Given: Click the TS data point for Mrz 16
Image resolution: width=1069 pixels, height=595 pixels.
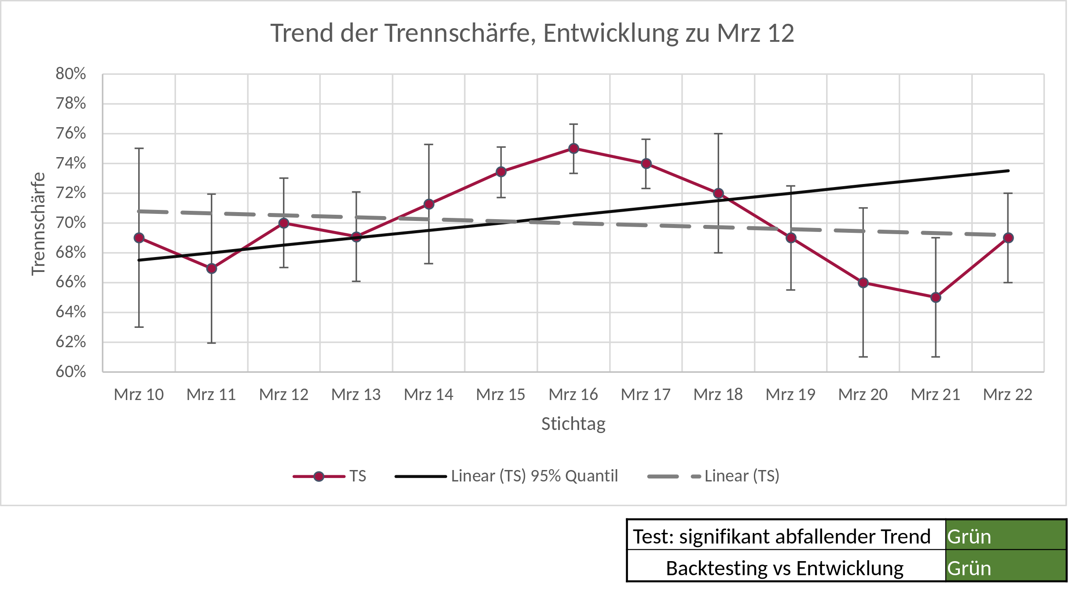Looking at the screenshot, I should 573,148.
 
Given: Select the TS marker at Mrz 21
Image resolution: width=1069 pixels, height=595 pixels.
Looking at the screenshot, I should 936,297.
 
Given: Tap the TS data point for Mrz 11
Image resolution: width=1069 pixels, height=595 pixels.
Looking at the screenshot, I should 212,268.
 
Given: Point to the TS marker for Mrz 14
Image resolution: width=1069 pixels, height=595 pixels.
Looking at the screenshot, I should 429,204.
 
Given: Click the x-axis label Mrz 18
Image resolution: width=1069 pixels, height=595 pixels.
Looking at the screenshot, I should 718,394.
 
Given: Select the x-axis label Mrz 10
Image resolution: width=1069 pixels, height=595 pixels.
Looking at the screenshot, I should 139,394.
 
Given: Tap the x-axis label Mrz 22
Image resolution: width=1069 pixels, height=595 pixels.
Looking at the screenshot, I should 1007,394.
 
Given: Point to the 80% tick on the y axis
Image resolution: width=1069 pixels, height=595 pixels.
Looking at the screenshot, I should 70,73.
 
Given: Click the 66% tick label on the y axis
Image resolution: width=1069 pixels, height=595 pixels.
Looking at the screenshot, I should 70,282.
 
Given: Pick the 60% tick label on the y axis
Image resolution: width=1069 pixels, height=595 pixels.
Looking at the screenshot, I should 70,371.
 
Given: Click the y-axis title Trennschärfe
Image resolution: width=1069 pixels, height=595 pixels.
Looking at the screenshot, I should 38,224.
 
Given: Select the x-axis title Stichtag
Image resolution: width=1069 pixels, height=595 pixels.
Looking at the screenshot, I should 573,424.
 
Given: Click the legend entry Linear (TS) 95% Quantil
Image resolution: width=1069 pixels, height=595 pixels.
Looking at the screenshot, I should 534,476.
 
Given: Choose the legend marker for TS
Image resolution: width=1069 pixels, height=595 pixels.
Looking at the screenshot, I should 319,476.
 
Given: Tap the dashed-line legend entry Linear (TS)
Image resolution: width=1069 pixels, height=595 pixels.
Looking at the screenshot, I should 742,476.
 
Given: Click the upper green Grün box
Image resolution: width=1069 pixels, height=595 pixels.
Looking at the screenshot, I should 1005,535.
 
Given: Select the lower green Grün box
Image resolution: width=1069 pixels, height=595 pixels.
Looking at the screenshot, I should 1005,566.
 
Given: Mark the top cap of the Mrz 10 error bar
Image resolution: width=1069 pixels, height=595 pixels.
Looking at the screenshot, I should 139,148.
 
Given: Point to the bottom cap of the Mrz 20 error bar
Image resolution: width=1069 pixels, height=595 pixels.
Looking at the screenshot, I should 863,356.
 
